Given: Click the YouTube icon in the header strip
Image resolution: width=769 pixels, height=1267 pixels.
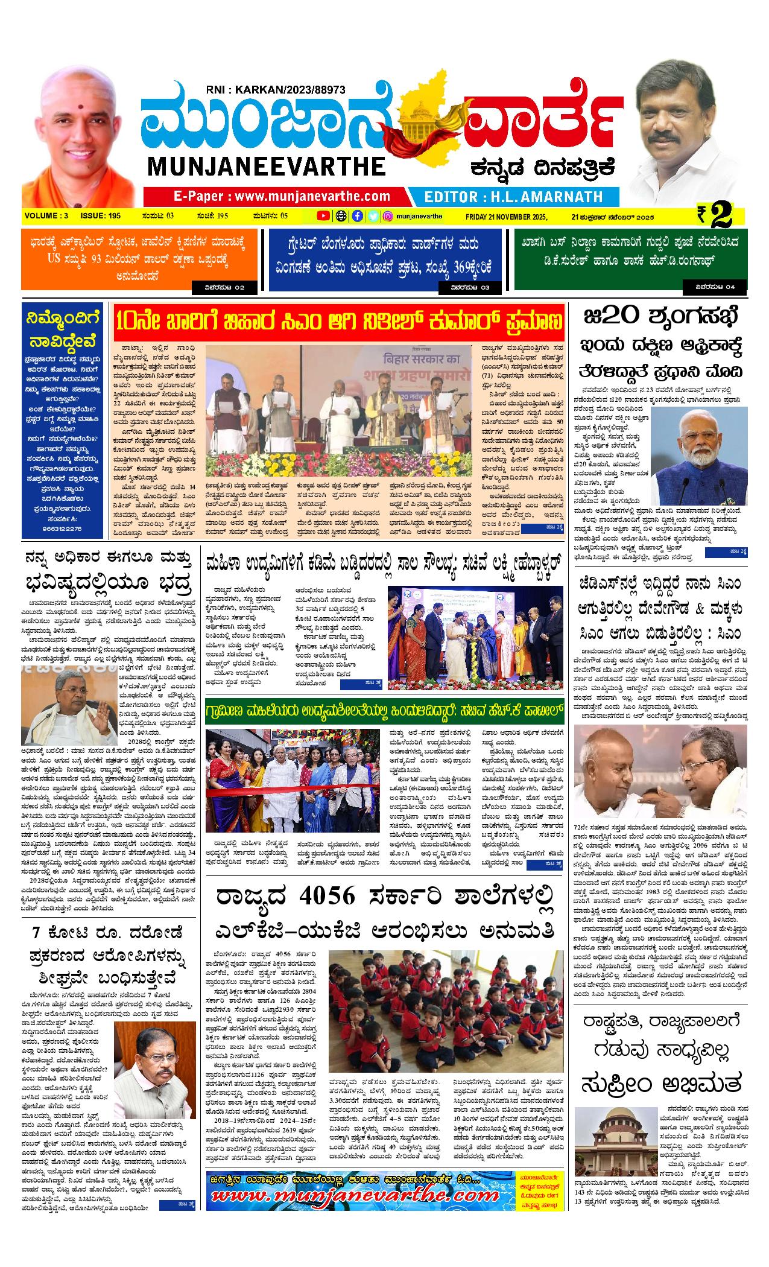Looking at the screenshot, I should click(x=324, y=216).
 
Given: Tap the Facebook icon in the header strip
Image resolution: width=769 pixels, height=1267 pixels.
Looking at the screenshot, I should click(x=357, y=216).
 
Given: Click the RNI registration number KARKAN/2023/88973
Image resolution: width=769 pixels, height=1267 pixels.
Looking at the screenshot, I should click(x=274, y=89).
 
